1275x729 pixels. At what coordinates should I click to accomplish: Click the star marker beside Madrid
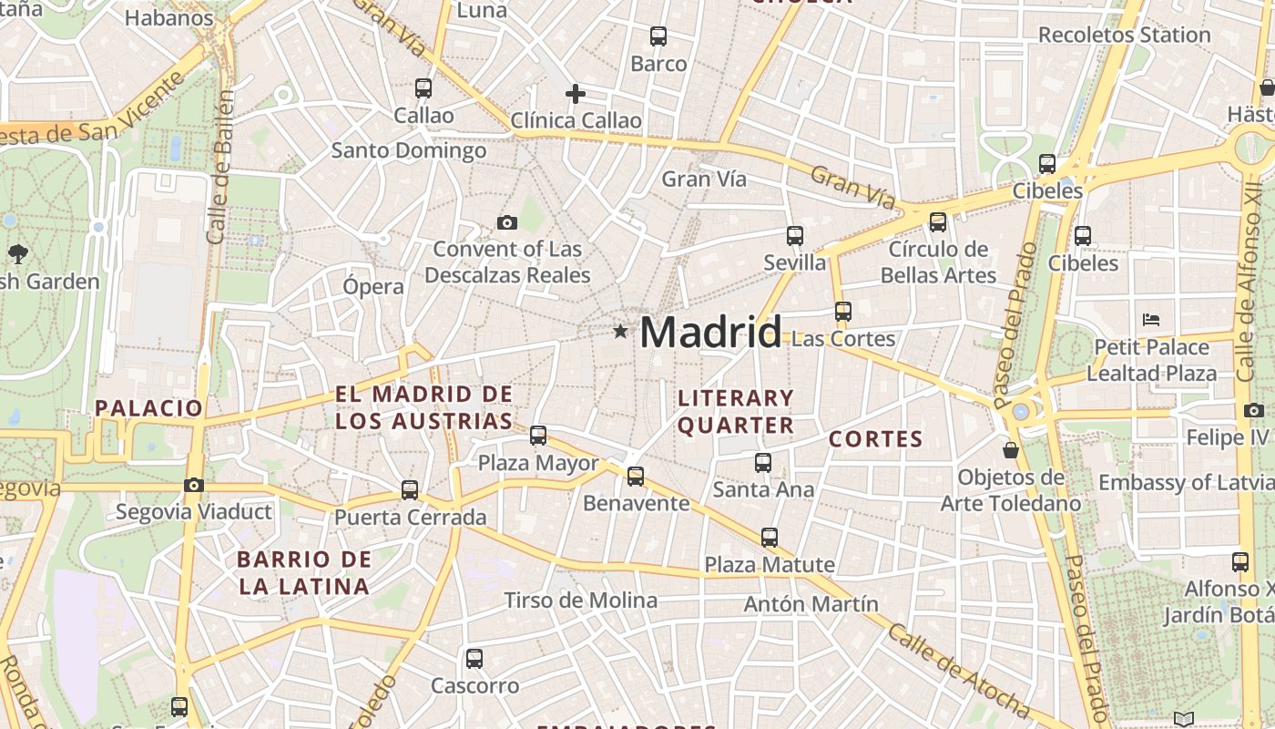620,331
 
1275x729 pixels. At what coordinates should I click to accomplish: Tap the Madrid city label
710,333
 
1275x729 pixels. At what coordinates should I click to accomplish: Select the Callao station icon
423,88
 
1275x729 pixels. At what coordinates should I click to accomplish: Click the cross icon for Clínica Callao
576,94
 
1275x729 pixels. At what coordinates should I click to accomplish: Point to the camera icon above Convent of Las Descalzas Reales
507,222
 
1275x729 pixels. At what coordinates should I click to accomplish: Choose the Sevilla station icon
795,236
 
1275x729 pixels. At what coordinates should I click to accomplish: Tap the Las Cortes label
843,339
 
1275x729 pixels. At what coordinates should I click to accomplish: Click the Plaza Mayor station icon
538,436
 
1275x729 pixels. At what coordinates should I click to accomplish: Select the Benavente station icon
636,476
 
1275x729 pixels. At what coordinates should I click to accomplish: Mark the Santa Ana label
763,489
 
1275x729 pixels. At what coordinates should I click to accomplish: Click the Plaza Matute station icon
770,538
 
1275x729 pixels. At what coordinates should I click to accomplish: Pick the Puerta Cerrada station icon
410,490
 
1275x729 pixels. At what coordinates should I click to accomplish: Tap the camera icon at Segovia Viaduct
194,485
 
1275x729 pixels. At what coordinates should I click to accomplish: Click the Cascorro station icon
474,659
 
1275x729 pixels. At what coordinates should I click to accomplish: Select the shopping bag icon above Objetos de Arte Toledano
1010,450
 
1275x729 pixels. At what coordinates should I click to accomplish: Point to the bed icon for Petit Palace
1151,320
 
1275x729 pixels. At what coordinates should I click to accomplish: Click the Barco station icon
658,36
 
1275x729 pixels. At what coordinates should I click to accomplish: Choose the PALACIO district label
148,407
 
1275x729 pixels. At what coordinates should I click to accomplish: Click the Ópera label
373,286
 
